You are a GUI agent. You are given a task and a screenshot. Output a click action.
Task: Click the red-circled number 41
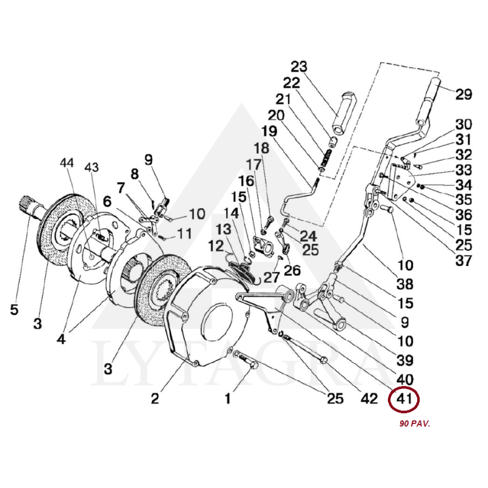tap(405, 400)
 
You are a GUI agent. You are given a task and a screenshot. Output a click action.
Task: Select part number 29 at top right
tap(464, 95)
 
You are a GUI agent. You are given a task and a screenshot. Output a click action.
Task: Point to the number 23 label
tap(300, 66)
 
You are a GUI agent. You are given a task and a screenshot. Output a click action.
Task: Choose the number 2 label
tap(155, 399)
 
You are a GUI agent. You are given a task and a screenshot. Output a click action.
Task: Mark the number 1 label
tap(228, 400)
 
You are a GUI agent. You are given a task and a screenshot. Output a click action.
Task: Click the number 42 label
tap(369, 400)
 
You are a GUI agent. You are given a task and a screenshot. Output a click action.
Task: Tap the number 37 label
tap(464, 261)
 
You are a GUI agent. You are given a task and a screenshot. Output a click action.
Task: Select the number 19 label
tap(269, 131)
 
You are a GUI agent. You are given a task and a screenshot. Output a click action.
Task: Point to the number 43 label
tap(91, 167)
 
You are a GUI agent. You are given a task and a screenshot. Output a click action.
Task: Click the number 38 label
tap(405, 284)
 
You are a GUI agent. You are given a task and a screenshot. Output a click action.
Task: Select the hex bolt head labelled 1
tap(251, 364)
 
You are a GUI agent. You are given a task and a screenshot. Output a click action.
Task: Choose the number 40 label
tap(405, 379)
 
